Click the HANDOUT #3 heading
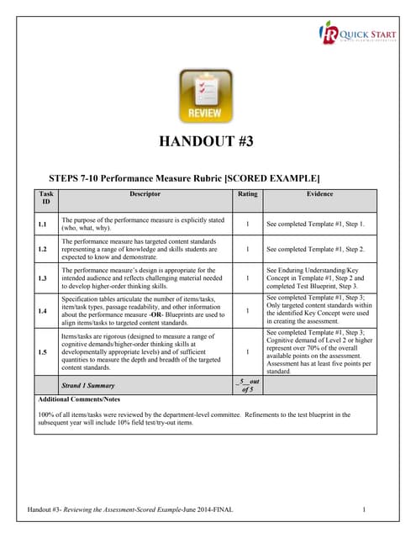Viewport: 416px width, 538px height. [208, 140]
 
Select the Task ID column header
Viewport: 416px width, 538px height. [45, 198]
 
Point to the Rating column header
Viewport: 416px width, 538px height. [246, 194]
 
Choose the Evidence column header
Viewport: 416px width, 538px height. [319, 194]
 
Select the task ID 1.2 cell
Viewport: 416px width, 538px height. [42, 250]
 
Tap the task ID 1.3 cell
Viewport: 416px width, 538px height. [42, 277]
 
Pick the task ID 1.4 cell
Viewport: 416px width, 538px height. [42, 310]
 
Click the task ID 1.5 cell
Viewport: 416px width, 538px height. [42, 351]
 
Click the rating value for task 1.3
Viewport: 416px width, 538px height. [247, 277]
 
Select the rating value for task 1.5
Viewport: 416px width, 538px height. [247, 351]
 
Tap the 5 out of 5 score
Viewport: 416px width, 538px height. [247, 385]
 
